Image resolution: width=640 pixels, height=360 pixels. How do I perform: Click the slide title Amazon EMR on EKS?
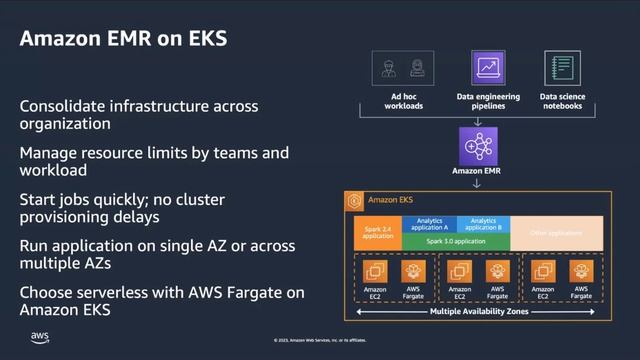(x=124, y=39)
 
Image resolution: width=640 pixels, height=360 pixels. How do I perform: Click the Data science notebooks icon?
(x=562, y=69)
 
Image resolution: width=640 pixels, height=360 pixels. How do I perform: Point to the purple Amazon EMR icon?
(x=478, y=146)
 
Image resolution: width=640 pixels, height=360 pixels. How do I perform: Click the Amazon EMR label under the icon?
(x=478, y=172)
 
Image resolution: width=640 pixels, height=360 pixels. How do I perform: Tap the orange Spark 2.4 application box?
(x=378, y=233)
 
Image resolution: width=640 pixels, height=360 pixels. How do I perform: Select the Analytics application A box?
(x=429, y=224)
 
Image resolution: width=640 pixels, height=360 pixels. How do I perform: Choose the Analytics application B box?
(x=483, y=224)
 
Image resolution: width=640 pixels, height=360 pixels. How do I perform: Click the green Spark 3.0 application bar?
(x=456, y=241)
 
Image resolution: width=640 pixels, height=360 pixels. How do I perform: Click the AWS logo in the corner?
(x=40, y=337)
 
